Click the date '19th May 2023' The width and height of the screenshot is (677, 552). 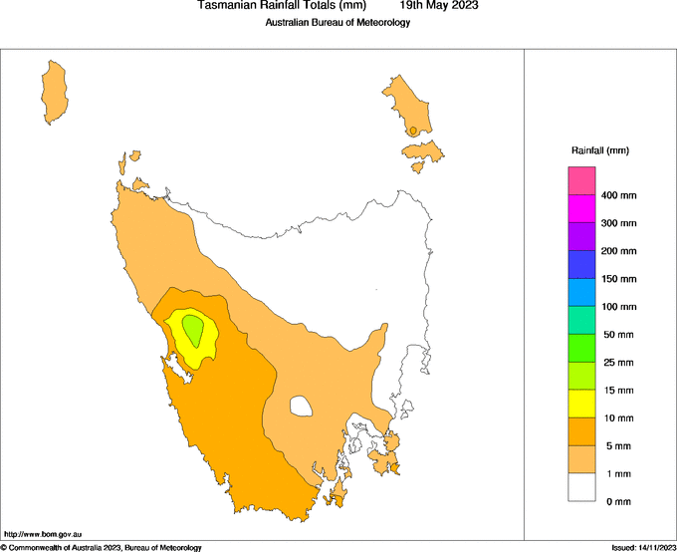pos(439,6)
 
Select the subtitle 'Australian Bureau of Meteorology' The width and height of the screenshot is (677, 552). pos(338,23)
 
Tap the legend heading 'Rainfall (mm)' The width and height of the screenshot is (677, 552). pos(599,150)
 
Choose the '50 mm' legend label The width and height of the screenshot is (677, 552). pos(618,335)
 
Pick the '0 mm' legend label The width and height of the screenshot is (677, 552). pos(618,501)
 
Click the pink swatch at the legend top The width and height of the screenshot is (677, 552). pos(581,181)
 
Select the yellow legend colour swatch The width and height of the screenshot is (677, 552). pos(581,404)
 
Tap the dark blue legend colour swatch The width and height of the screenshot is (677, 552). pos(581,264)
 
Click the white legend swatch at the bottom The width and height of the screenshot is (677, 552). pos(581,487)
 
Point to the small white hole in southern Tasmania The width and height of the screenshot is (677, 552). pos(300,406)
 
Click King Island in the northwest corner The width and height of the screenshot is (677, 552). pos(54,92)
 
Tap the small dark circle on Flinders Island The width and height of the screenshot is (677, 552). pos(412,131)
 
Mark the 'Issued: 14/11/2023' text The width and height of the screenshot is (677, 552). pos(642,547)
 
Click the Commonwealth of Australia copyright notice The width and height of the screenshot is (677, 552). pos(102,547)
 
